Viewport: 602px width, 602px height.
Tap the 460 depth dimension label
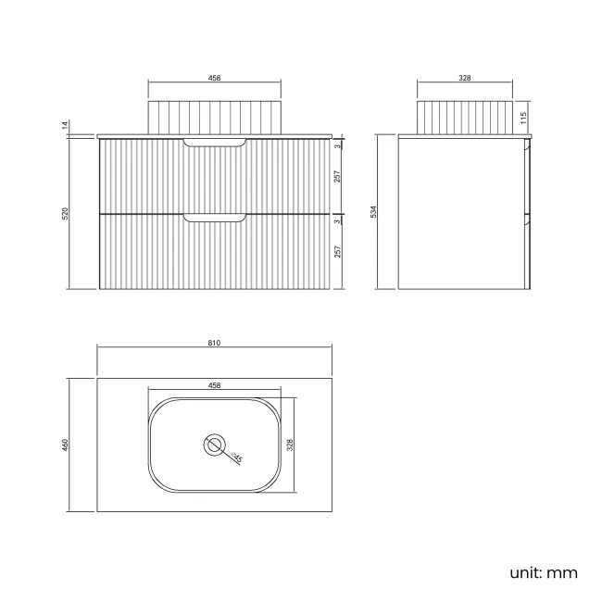tap(66, 445)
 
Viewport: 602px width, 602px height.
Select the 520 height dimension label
tap(66, 212)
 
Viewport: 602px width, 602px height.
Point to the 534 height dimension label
tap(373, 212)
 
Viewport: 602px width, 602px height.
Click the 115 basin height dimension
tap(524, 118)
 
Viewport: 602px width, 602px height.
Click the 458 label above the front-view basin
tap(214, 79)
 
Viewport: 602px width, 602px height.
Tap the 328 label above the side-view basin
tap(465, 79)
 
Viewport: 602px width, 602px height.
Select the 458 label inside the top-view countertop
tap(214, 385)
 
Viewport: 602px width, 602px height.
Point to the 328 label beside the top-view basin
tap(290, 445)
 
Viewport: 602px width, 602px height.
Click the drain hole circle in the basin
tap(214, 445)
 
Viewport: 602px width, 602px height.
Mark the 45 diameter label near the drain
tap(236, 456)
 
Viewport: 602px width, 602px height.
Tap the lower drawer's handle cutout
tap(215, 218)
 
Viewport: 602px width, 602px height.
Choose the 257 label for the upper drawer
tap(339, 178)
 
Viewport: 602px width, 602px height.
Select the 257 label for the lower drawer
tap(339, 252)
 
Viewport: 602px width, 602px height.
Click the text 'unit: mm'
tap(544, 571)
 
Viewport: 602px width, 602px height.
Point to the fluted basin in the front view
tap(214, 118)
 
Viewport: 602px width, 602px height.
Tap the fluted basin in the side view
tap(465, 118)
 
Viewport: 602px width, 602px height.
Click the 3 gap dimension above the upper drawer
tap(339, 145)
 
